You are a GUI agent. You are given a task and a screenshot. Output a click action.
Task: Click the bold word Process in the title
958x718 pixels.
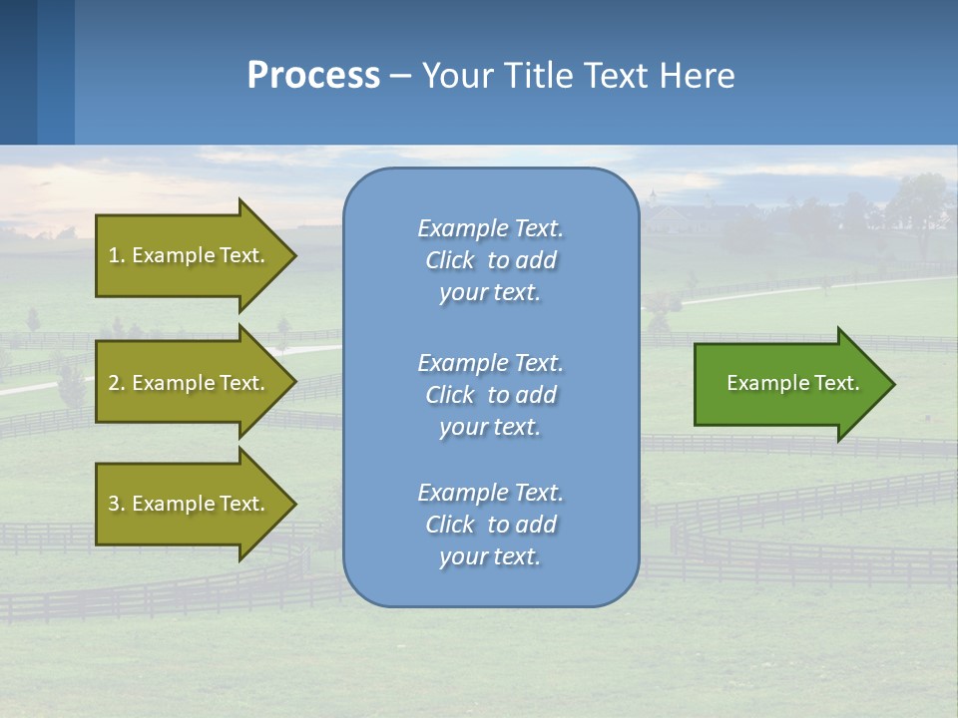tap(313, 76)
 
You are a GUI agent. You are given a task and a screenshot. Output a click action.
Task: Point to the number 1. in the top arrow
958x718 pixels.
tap(117, 255)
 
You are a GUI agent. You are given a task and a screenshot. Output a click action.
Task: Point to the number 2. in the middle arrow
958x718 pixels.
tap(117, 383)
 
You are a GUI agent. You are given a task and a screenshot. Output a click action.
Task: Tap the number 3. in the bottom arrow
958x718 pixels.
tap(117, 504)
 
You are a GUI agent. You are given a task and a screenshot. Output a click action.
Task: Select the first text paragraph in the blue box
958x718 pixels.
tap(490, 260)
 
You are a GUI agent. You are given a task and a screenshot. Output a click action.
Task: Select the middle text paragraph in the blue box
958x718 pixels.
tap(490, 394)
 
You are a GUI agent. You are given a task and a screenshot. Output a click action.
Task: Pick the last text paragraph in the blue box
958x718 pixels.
tap(490, 525)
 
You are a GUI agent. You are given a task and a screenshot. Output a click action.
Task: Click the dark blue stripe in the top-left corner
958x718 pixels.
tap(18, 72)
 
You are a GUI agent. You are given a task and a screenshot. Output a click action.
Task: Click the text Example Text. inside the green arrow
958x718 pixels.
tap(792, 383)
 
